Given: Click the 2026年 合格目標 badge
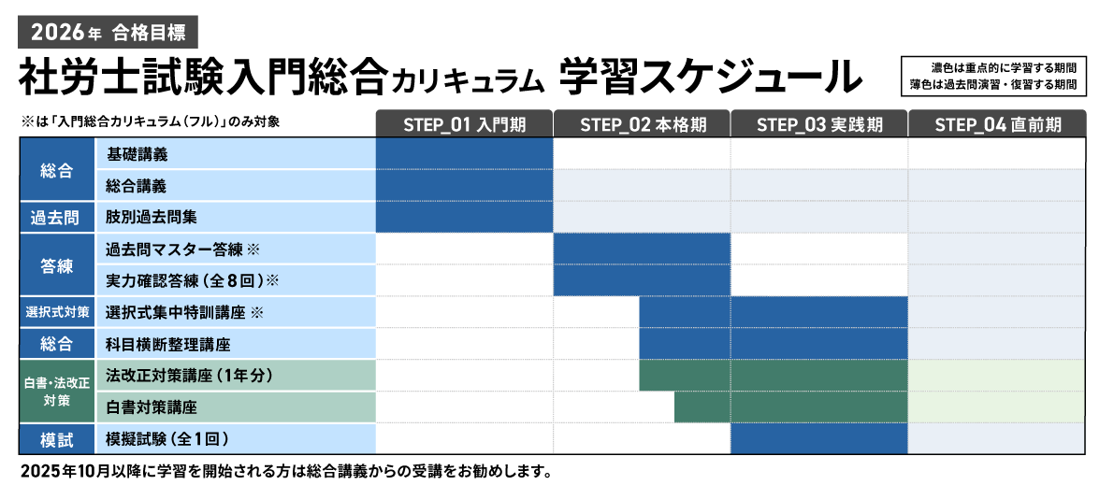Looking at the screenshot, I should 108,33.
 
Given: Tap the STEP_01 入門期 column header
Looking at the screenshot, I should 464,124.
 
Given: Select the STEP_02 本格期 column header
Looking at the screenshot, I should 642,124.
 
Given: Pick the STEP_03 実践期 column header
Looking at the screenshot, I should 818,124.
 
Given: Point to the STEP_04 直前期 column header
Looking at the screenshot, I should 997,124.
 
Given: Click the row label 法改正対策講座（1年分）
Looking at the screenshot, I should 189,376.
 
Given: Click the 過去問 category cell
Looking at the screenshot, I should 56,218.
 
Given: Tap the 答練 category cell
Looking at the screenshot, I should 56,265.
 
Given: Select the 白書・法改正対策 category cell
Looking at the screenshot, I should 56,392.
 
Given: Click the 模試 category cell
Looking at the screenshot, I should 56,438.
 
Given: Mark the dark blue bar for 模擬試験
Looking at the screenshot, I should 818,438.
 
